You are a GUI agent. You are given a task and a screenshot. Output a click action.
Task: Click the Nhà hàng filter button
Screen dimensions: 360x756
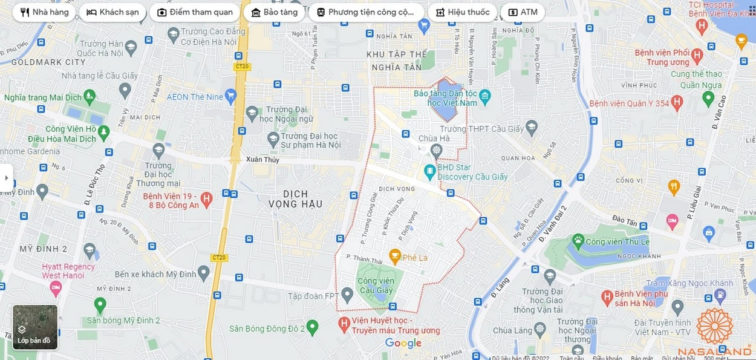coord(44,12)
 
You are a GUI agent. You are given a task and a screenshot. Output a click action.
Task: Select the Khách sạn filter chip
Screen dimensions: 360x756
coord(112,12)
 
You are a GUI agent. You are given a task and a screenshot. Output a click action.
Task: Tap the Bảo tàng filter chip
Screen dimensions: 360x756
coord(274,12)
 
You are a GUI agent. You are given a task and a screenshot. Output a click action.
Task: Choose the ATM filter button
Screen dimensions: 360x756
coord(523,12)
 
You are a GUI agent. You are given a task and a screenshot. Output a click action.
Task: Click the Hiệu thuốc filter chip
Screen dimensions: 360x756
coord(463,12)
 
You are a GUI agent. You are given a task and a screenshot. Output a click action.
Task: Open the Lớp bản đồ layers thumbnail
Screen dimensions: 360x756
coord(35,327)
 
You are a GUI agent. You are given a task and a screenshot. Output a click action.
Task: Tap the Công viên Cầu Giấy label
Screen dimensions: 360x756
coord(375,286)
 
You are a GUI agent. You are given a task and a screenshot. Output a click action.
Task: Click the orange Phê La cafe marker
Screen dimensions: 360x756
coord(395,257)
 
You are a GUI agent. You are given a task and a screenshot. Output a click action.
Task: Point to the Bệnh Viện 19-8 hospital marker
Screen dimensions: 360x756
coord(206,198)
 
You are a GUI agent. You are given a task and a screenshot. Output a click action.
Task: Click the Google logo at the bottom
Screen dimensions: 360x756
coord(403,344)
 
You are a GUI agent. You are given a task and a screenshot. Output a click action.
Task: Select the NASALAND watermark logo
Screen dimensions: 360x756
coord(714,333)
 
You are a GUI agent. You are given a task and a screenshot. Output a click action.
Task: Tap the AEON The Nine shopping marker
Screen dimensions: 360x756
coord(230,96)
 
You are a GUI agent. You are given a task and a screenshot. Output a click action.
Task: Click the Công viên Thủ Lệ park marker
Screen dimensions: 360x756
coord(578,241)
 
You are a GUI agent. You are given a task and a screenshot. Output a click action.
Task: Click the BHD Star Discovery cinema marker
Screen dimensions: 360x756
coord(430,172)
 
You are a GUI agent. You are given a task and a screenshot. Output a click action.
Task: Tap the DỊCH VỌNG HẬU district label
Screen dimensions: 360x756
coord(295,199)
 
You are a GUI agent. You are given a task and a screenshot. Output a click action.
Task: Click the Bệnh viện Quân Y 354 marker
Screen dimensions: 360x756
coord(677,103)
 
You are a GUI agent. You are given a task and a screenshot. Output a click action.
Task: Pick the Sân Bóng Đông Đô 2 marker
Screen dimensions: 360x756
coord(312,327)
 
